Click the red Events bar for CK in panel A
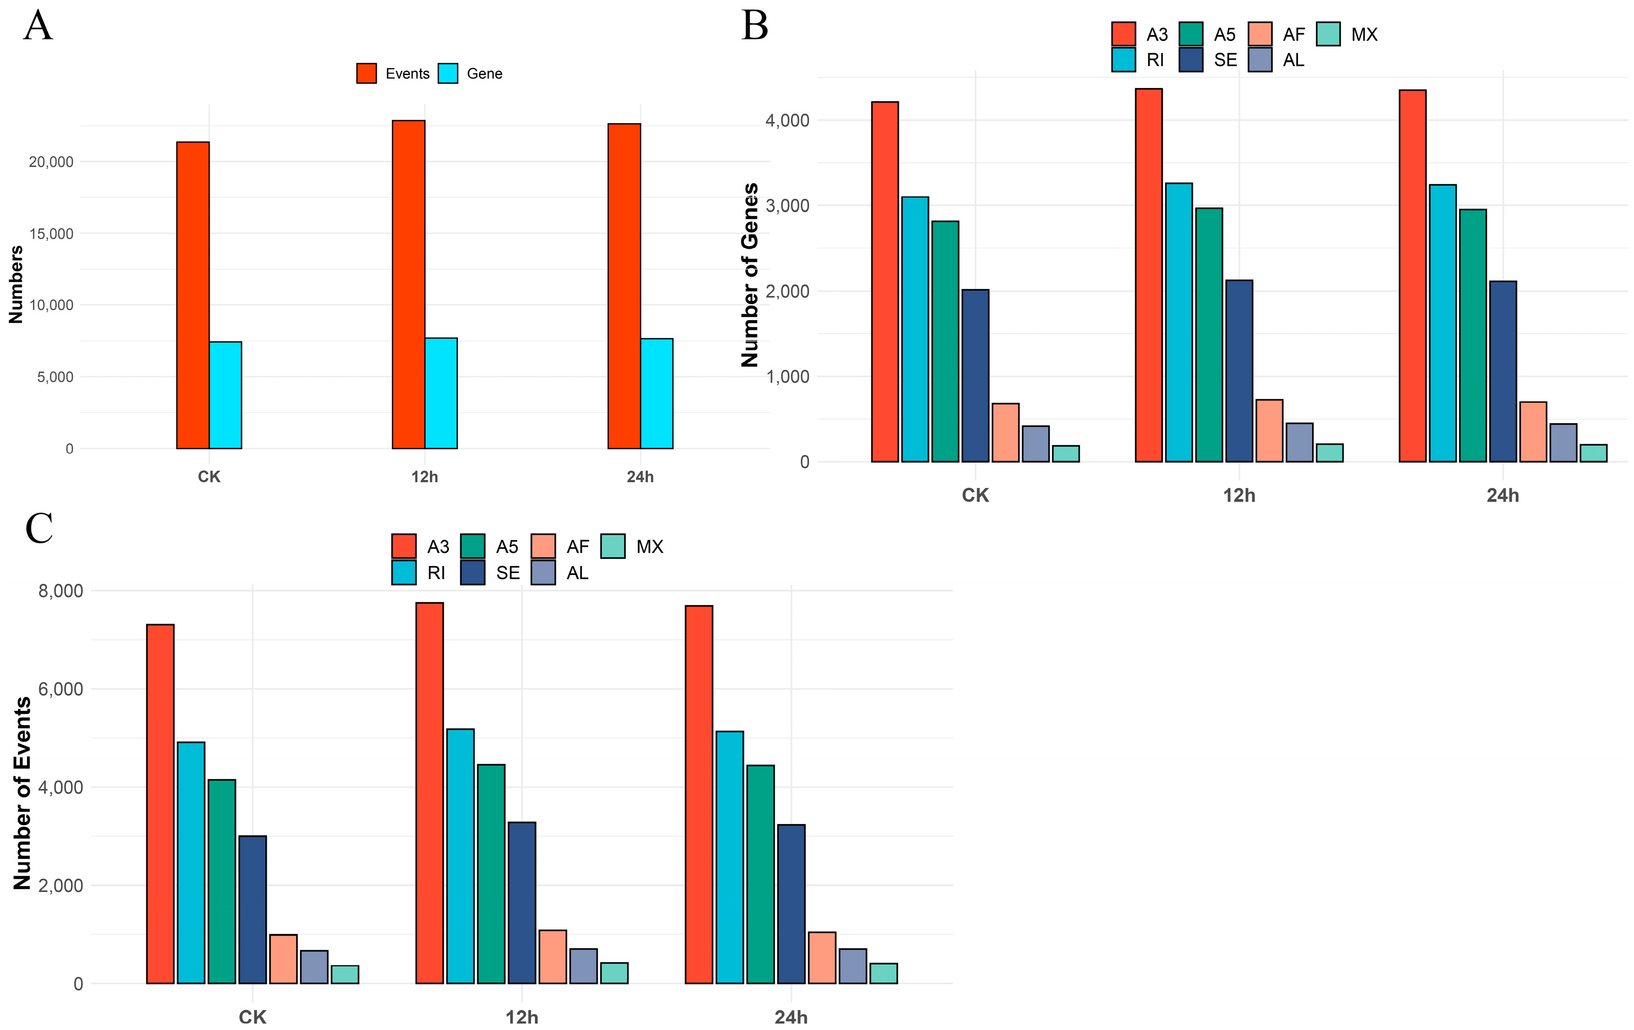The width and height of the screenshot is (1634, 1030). tap(193, 295)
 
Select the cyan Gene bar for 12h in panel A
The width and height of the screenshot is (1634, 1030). tap(441, 394)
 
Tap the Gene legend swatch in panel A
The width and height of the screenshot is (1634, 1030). tap(448, 73)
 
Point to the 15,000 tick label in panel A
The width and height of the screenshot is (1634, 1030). tap(51, 233)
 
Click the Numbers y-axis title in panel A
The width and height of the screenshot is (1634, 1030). tap(16, 284)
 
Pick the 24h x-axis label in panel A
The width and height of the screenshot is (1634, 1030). tap(640, 477)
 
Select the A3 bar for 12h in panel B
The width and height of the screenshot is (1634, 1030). tap(1149, 275)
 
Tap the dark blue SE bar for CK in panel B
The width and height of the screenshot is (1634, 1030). tap(975, 376)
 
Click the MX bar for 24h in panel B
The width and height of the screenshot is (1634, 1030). tap(1593, 453)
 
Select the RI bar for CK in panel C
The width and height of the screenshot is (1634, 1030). tap(191, 863)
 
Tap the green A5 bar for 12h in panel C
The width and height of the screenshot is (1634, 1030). tap(491, 874)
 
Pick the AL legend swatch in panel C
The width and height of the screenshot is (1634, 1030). tap(543, 573)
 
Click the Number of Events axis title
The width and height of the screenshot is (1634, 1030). tap(22, 793)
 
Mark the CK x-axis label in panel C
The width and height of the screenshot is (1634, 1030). tap(252, 1018)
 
